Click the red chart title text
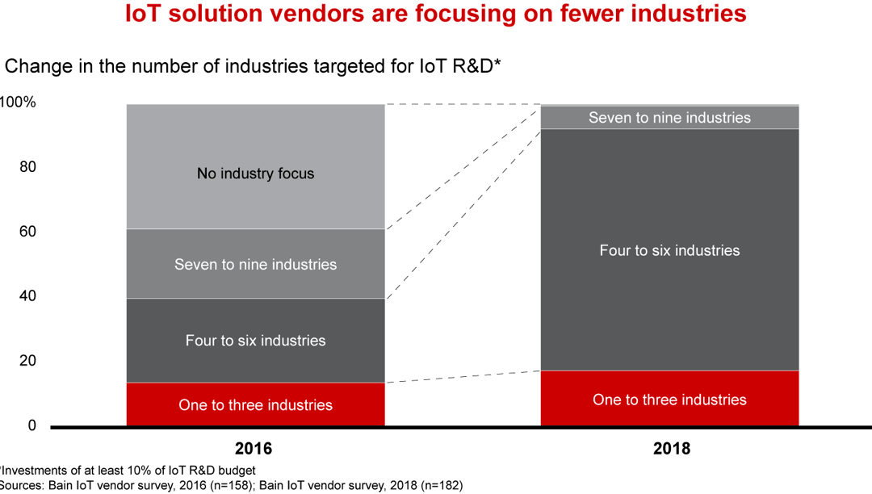click(x=435, y=14)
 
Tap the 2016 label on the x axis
click(x=254, y=448)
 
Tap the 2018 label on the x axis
click(x=670, y=448)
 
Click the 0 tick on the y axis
click(x=31, y=425)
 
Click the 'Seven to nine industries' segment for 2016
click(x=255, y=264)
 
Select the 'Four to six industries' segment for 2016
click(x=255, y=340)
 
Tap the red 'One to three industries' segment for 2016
click(x=255, y=404)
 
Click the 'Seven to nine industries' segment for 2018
click(x=669, y=118)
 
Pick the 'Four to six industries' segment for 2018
click(x=669, y=250)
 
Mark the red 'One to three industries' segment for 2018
click(x=669, y=399)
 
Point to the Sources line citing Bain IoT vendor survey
click(x=230, y=485)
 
